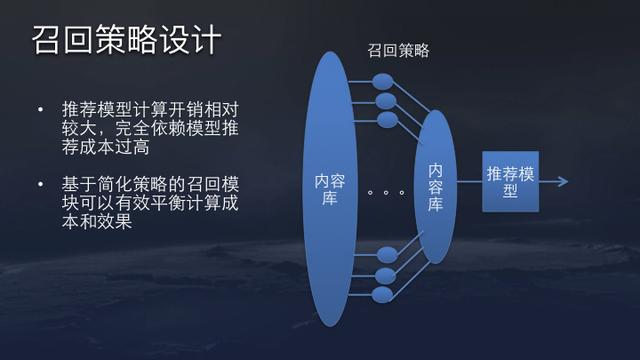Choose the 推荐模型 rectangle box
510,181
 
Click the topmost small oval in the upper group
384,80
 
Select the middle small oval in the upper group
384,100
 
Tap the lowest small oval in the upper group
384,120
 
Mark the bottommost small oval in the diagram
384,295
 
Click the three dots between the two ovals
384,190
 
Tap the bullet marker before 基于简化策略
40,185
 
